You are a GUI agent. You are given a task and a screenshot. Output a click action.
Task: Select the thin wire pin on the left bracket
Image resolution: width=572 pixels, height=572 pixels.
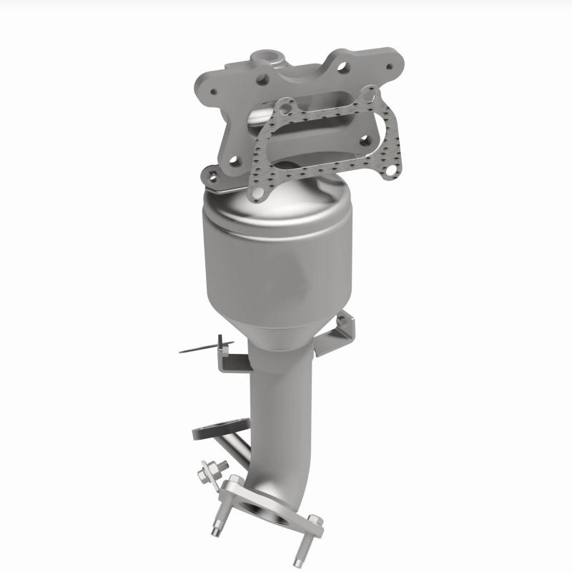click(x=197, y=350)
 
